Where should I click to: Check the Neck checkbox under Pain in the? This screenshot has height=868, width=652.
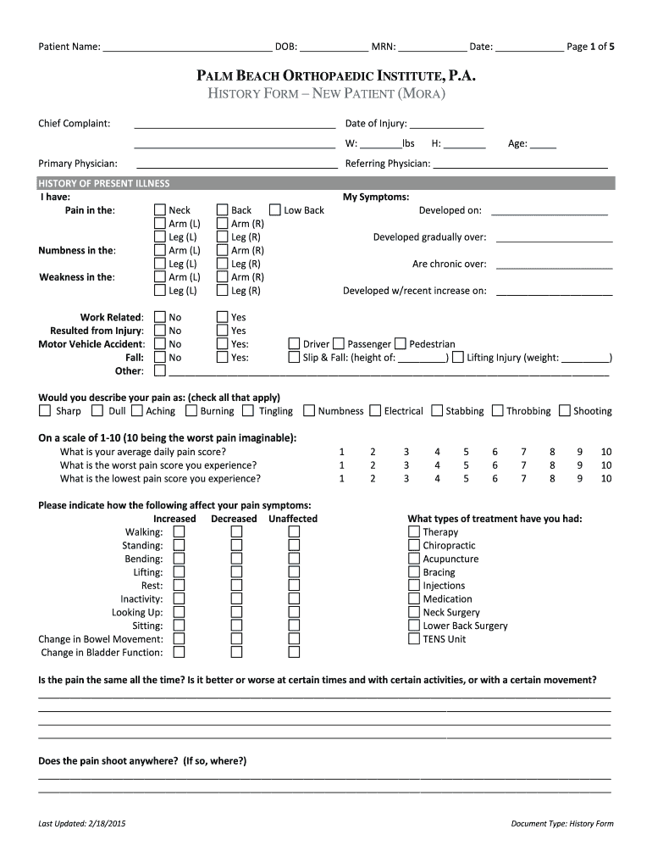[160, 210]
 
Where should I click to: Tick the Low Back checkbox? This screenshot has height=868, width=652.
[275, 210]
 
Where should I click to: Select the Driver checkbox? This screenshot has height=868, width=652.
[295, 344]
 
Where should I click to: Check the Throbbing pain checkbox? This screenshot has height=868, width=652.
[498, 411]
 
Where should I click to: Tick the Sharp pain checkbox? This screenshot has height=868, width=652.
[45, 411]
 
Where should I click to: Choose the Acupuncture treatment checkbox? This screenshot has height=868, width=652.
[414, 559]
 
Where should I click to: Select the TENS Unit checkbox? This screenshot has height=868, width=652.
[414, 639]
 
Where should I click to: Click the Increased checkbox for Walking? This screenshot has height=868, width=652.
[180, 532]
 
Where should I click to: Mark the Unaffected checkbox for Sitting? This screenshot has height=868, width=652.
[294, 626]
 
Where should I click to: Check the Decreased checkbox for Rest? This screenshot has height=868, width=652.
[236, 586]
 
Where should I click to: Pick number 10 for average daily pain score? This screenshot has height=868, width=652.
[606, 452]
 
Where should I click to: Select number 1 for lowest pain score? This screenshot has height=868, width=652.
[342, 479]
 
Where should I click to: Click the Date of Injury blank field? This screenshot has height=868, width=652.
[446, 124]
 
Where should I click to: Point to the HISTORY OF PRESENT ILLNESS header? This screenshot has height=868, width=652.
[102, 184]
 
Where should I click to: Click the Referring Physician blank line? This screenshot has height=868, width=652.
[520, 164]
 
